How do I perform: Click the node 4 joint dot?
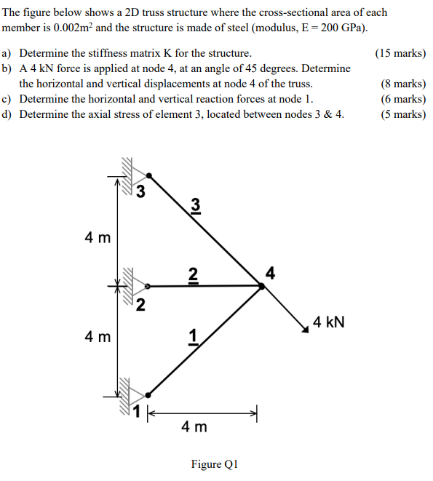click(262, 286)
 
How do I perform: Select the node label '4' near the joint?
click(271, 274)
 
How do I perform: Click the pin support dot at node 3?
click(150, 175)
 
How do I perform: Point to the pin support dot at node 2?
click(148, 287)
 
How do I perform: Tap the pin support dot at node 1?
click(148, 394)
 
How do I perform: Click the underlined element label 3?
click(194, 206)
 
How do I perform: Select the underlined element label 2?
click(192, 274)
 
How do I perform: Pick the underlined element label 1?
click(193, 336)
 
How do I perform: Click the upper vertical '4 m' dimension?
click(98, 237)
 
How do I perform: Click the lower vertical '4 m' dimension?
click(98, 337)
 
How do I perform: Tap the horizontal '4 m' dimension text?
click(194, 427)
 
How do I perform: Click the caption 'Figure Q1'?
click(215, 464)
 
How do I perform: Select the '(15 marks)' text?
click(400, 53)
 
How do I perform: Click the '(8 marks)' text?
click(403, 84)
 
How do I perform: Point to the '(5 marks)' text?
click(403, 114)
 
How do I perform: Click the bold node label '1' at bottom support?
click(135, 414)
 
